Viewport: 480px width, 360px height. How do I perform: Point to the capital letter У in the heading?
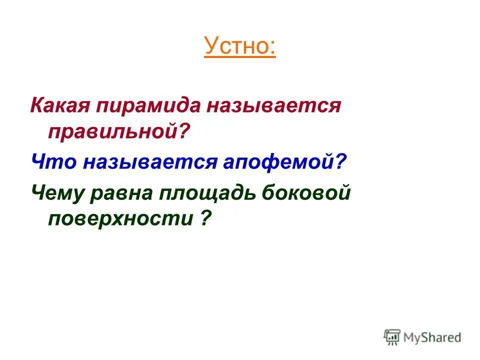pos(211,46)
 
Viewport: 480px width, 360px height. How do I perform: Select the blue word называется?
pos(138,162)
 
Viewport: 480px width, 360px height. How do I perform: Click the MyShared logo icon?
pos(392,337)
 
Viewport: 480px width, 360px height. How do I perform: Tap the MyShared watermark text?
pos(432,338)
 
